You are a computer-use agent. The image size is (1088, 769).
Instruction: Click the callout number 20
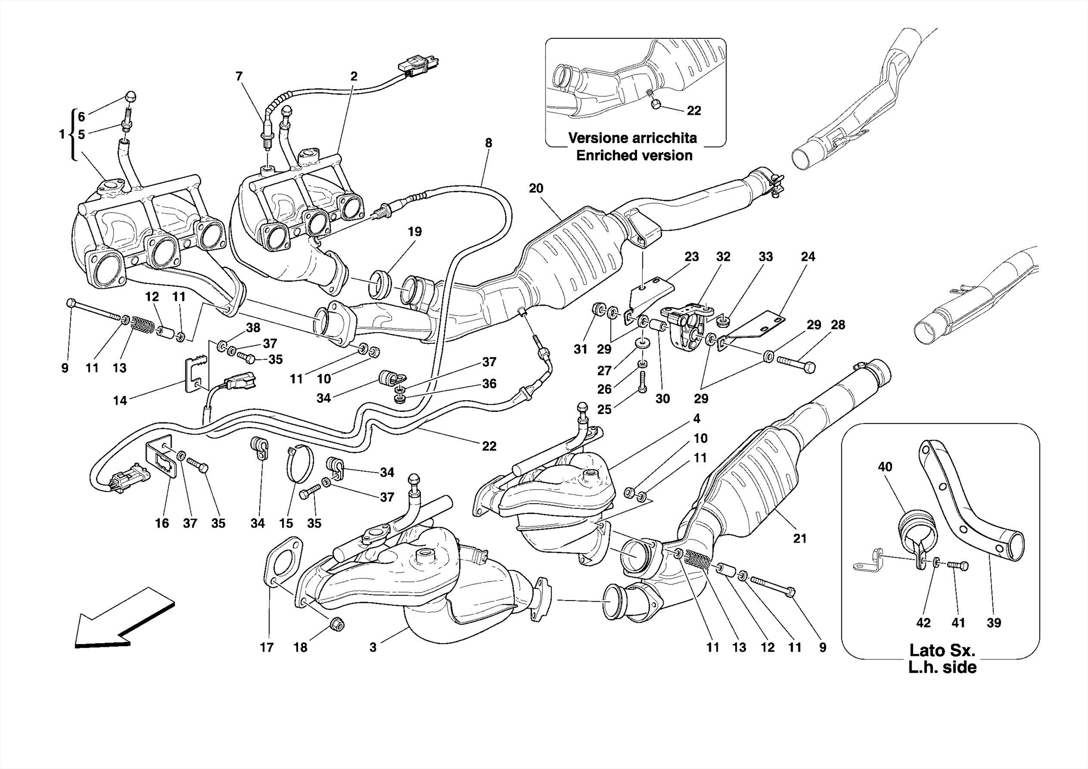point(536,188)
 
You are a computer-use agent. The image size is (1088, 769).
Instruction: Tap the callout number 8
point(488,143)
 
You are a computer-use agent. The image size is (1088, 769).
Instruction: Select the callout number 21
point(800,539)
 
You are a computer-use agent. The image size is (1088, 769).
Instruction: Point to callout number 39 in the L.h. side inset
point(993,623)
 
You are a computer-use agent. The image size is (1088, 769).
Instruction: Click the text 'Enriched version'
point(634,156)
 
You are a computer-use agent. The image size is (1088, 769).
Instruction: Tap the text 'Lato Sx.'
point(942,650)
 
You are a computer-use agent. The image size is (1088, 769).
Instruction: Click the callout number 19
point(414,232)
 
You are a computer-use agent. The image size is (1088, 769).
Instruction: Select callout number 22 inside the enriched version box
point(694,111)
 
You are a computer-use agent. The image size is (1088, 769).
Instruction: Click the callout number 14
point(120,401)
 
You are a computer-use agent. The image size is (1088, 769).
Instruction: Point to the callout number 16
point(161,523)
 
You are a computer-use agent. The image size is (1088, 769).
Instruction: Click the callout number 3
point(373,647)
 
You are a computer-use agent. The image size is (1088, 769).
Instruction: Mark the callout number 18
point(300,647)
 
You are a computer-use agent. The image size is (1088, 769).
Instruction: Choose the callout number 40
point(885,467)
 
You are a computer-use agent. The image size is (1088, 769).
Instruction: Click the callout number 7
point(239,77)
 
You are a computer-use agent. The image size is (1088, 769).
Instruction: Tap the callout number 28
point(838,325)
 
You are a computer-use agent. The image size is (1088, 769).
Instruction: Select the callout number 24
point(807,257)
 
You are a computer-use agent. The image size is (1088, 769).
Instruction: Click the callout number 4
point(696,418)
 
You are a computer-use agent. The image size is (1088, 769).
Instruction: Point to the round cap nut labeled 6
point(131,97)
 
